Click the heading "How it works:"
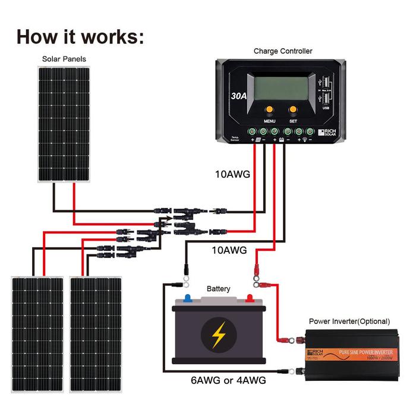[x=80, y=36]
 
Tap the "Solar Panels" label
[x=64, y=59]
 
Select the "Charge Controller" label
[x=282, y=51]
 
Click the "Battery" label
[x=218, y=288]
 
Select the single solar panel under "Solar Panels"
[x=64, y=123]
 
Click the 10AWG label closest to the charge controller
[x=232, y=175]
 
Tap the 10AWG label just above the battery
[x=229, y=250]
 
